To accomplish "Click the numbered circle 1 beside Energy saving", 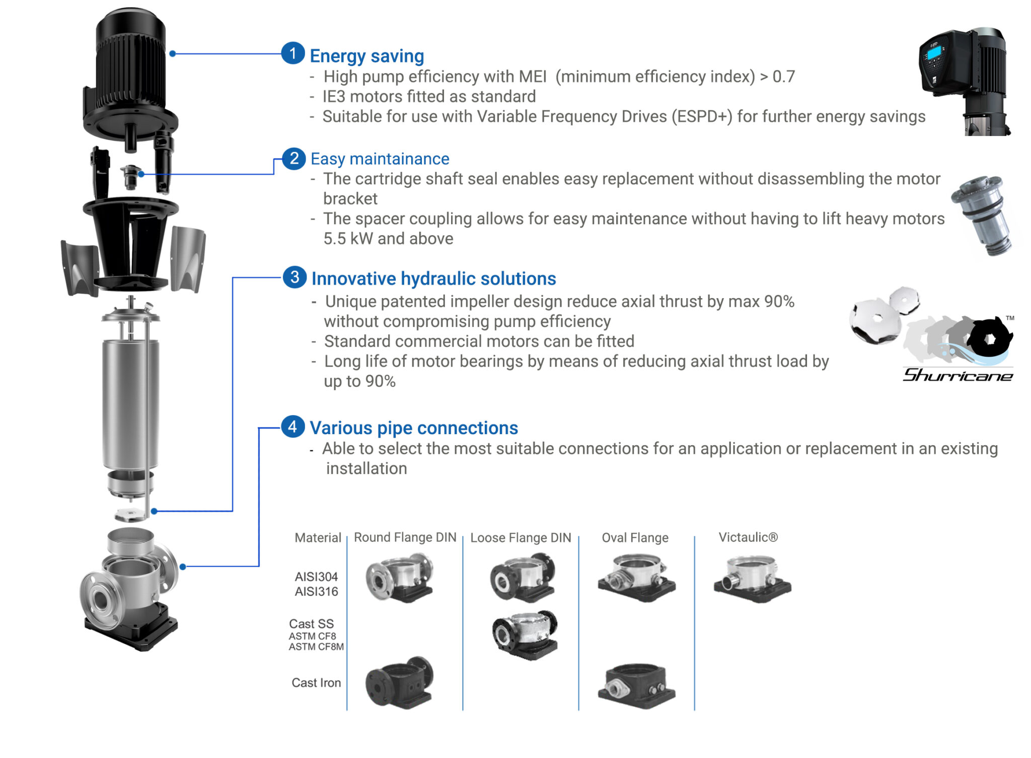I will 292,53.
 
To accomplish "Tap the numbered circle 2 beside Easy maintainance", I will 294,159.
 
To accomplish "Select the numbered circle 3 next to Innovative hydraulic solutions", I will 294,277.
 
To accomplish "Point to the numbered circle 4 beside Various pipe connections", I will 292,427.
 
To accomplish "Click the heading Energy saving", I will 366,56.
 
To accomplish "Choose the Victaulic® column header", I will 748,537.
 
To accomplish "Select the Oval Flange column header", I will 635,538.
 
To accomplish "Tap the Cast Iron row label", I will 316,682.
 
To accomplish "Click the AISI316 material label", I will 316,591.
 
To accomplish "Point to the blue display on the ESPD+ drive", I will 934,51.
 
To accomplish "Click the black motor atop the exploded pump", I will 130,76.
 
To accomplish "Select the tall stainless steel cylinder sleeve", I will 130,403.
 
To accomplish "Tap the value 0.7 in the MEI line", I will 783,77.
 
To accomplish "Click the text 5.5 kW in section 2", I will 347,239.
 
